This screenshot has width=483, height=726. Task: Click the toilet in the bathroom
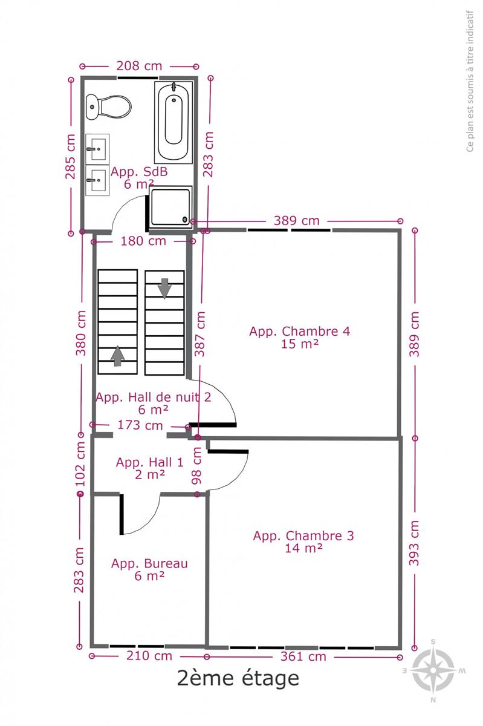point(109,106)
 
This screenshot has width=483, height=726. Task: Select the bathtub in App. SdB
point(173,122)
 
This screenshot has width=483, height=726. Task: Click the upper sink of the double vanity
point(97,149)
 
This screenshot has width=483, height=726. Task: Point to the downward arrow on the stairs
point(164,288)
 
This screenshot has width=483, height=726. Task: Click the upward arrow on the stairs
point(118,356)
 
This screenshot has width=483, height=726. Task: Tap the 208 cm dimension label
point(139,66)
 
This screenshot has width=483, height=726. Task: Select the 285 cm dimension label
point(71,157)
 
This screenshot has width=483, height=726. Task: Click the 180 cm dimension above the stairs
point(143,241)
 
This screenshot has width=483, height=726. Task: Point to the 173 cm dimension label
point(140,425)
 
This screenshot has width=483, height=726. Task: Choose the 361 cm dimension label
point(303,656)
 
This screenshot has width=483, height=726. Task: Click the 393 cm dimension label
point(414,543)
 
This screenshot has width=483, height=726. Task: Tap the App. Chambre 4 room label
point(300,332)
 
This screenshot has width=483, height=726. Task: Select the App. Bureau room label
point(149,563)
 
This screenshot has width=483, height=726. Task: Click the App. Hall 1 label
point(150,462)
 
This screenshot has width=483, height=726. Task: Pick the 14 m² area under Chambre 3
point(303,548)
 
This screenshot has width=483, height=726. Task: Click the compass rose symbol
point(433,671)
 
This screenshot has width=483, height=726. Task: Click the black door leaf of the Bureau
point(122,514)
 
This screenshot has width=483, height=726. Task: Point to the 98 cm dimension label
point(196,466)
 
